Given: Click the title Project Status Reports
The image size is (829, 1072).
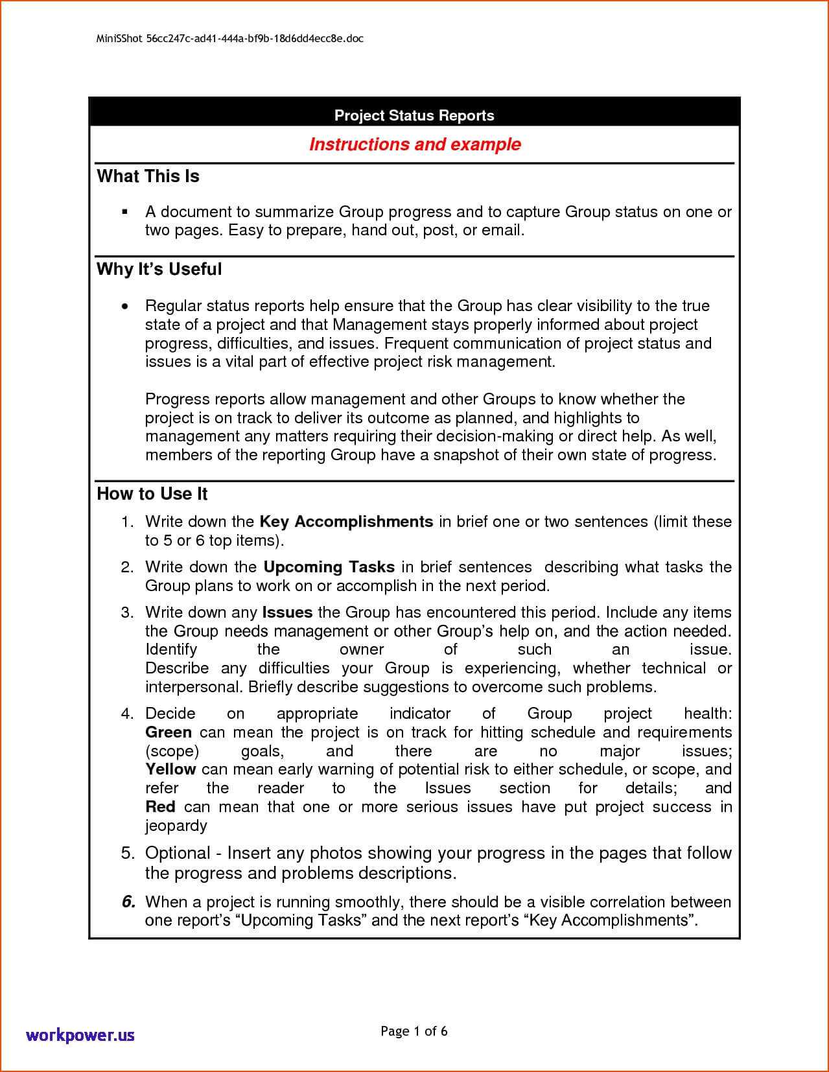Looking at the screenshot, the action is (x=414, y=115).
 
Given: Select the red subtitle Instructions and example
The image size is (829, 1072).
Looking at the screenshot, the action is (x=415, y=144).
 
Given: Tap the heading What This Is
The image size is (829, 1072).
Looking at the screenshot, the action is (x=148, y=176).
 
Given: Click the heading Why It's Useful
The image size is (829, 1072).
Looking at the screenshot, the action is (x=159, y=269).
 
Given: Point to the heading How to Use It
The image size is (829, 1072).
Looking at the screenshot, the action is (x=152, y=494).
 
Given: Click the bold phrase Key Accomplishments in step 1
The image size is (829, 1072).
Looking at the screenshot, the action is (x=345, y=522).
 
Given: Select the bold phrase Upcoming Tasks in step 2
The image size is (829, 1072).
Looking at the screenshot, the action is (x=329, y=567).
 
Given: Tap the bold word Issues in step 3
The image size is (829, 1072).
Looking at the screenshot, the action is (x=286, y=612).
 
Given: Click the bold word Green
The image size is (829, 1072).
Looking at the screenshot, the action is (x=168, y=732).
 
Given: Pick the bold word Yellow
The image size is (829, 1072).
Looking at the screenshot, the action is (x=170, y=769).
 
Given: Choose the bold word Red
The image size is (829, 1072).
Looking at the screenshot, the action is (x=160, y=807).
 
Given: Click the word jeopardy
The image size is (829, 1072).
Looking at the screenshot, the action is (x=176, y=826).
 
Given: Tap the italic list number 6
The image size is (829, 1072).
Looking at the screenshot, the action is (x=128, y=902).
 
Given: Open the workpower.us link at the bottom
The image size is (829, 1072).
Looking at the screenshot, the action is (x=80, y=1034).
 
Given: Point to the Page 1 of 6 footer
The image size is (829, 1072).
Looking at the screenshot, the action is (x=414, y=1031).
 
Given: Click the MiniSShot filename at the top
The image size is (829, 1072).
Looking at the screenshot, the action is (x=229, y=38).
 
